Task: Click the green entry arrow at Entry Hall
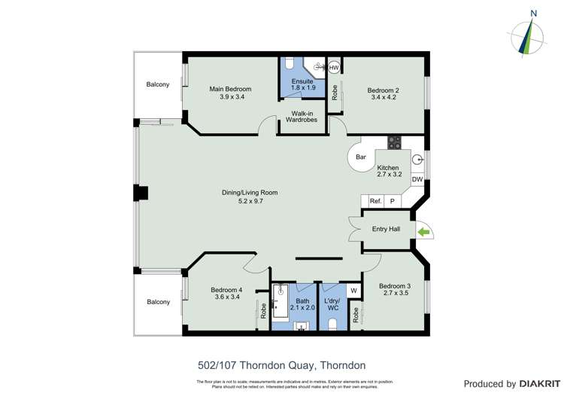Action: point(424,232)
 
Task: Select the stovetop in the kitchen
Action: point(394,142)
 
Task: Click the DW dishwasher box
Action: point(417,179)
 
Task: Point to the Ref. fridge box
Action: point(375,201)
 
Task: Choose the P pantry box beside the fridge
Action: point(392,201)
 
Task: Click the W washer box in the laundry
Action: point(353,291)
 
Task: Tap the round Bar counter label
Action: point(361,157)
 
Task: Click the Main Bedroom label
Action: point(230,89)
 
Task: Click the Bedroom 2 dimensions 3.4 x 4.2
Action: point(383,97)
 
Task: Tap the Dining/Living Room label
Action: point(249,193)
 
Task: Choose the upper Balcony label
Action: point(158,84)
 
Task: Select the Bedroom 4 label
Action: point(226,290)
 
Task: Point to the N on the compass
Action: point(533,13)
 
